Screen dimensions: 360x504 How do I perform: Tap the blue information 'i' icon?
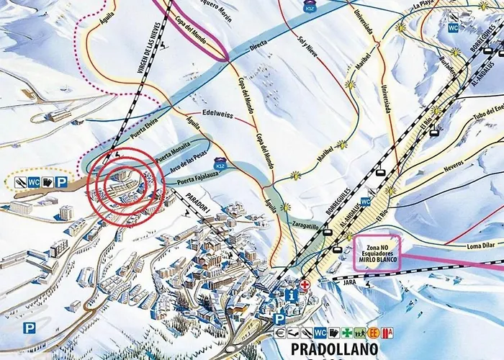(290, 295)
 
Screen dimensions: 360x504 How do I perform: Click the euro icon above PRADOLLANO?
(280, 333)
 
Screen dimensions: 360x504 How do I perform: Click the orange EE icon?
(373, 333)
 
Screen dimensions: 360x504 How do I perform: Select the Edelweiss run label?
(219, 114)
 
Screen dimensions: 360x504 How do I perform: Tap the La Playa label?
(424, 4)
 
